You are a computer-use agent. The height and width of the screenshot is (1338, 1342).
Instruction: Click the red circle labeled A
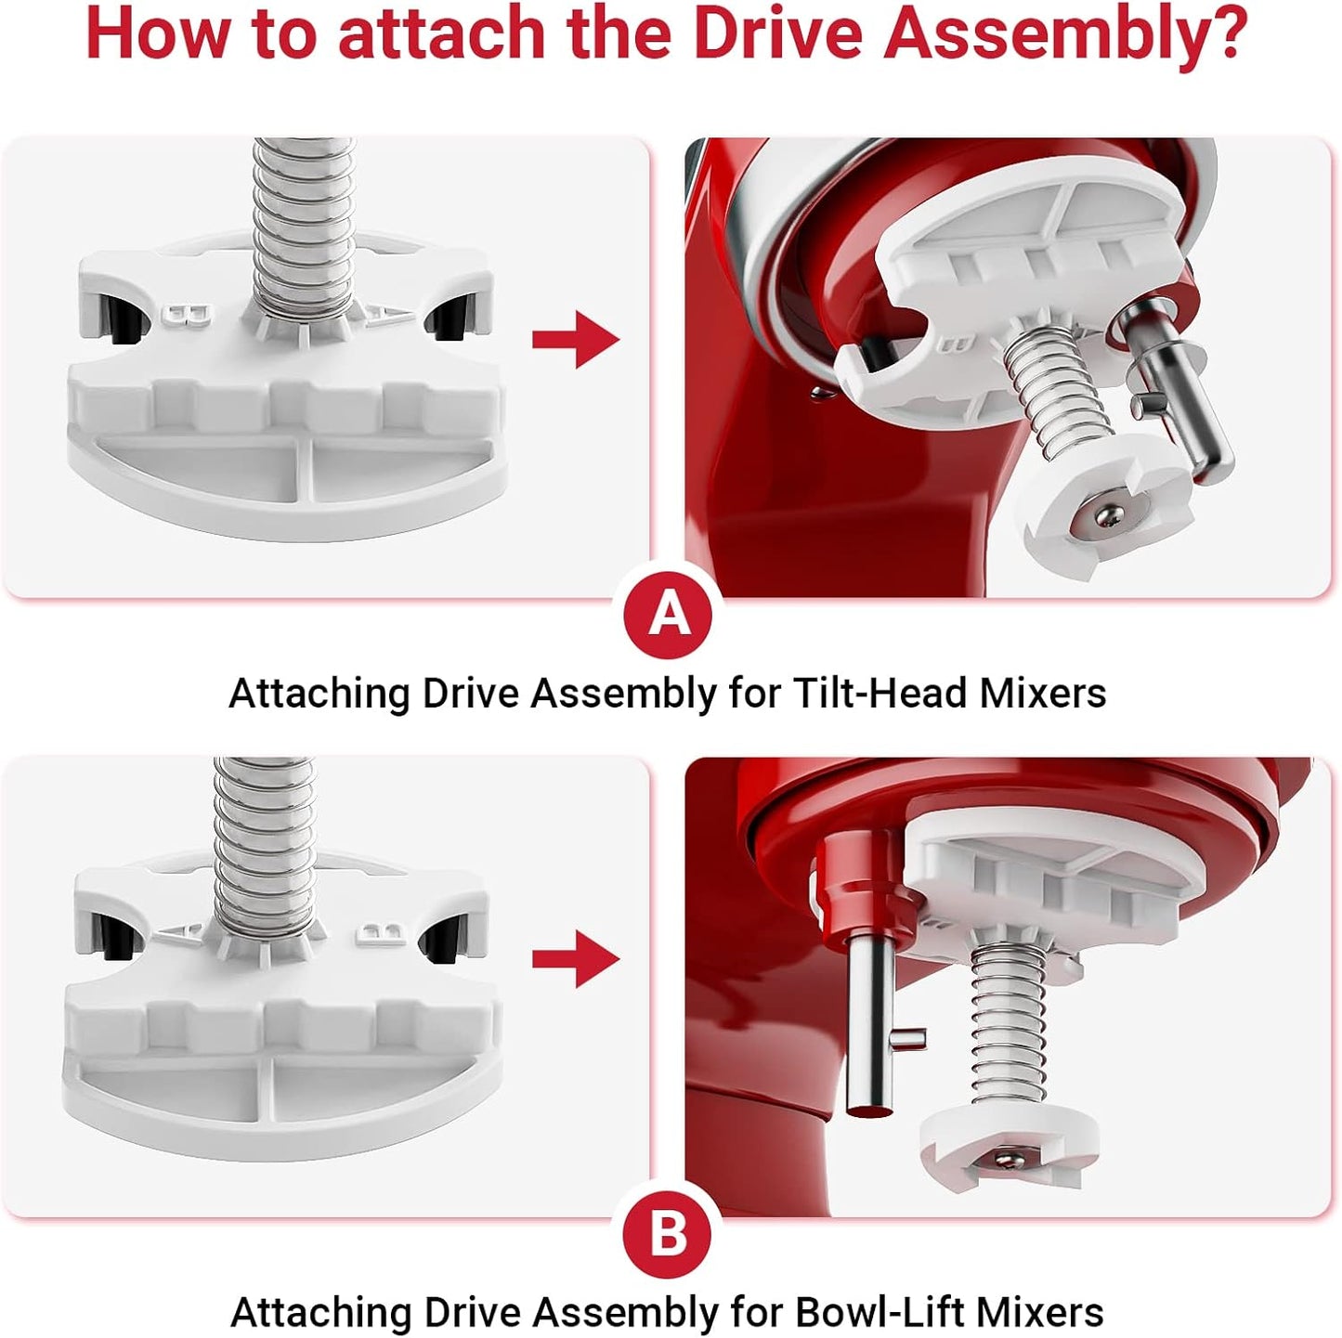[x=670, y=614]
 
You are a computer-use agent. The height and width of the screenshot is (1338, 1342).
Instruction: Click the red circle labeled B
[x=670, y=1233]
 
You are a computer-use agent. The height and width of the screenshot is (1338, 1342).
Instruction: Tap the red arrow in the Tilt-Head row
[x=575, y=340]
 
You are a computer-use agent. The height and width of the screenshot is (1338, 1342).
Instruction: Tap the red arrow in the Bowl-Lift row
[x=575, y=959]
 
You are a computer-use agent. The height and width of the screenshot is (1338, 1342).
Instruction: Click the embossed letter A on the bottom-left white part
[x=177, y=932]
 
